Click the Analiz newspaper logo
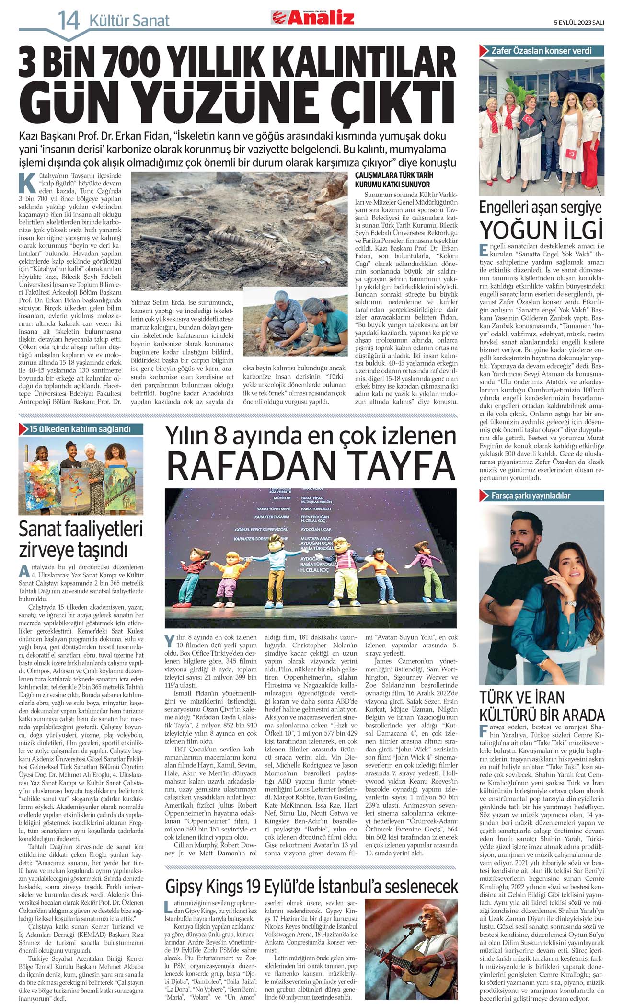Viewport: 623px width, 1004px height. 312,18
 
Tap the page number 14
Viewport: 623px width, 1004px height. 68,21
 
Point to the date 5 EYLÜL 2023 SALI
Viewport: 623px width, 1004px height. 578,22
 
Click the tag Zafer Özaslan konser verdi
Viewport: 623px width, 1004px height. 541,51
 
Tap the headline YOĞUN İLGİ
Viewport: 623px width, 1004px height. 541,230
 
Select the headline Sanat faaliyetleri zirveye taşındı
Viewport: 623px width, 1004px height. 81,539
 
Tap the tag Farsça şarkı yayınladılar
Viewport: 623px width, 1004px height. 531,496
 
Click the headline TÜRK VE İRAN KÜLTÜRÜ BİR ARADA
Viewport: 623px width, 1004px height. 542,706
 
